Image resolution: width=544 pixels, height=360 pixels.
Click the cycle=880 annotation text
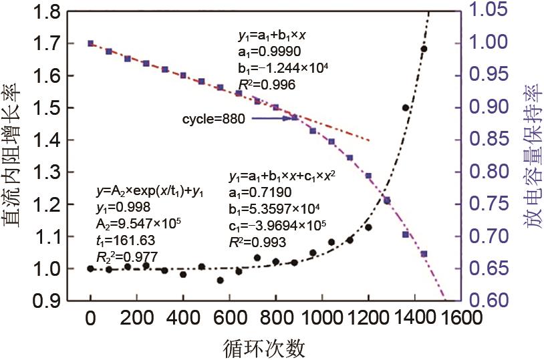pyautogui.click(x=213, y=119)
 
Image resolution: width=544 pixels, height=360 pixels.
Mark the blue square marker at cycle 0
pyautogui.click(x=91, y=43)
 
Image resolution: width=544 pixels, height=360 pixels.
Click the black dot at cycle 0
pyautogui.click(x=91, y=268)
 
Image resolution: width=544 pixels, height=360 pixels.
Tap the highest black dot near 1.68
pyautogui.click(x=424, y=49)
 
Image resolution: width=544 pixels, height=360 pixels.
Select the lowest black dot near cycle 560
pyautogui.click(x=220, y=281)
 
